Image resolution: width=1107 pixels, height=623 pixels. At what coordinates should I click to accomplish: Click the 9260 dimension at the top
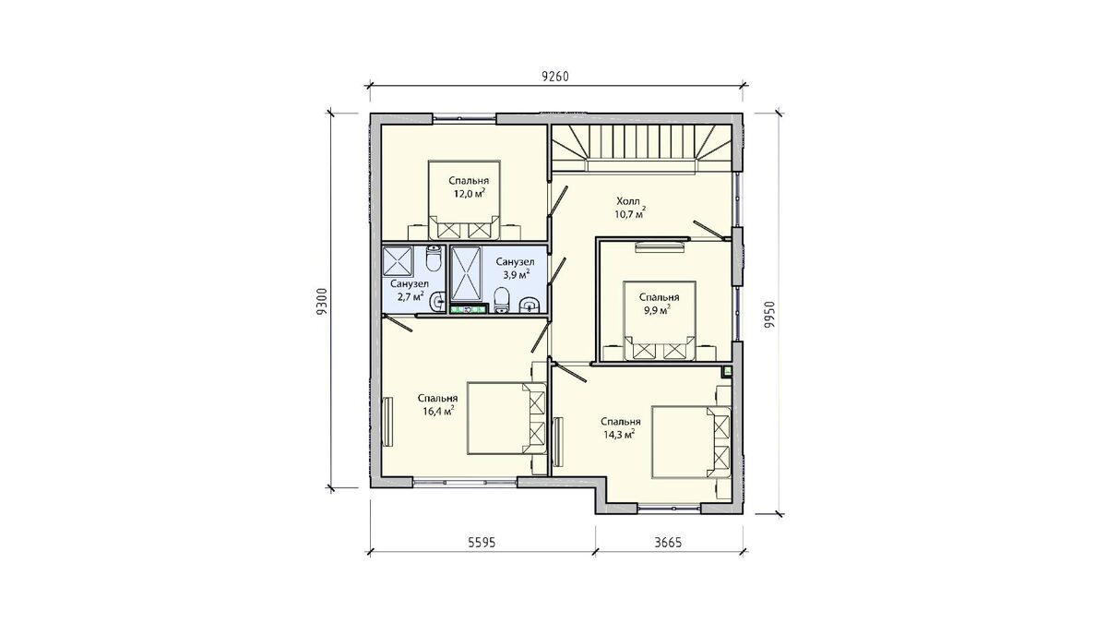pyautogui.click(x=555, y=77)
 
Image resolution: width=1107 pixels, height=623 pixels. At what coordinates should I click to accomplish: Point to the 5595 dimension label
pyautogui.click(x=482, y=543)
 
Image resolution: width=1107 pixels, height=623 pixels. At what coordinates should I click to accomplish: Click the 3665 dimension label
pyautogui.click(x=668, y=543)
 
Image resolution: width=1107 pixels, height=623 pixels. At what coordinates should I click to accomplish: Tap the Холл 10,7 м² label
pyautogui.click(x=630, y=208)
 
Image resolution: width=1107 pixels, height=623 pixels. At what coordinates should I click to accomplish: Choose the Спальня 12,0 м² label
pyautogui.click(x=469, y=186)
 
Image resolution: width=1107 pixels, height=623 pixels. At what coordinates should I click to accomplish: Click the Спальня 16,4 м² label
pyautogui.click(x=438, y=404)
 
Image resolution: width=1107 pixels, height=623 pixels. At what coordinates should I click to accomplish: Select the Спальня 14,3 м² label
pyautogui.click(x=620, y=427)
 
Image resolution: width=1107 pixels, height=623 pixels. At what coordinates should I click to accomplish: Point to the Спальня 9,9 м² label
pyautogui.click(x=660, y=303)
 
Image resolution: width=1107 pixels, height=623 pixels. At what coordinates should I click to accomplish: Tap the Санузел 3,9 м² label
pyautogui.click(x=515, y=268)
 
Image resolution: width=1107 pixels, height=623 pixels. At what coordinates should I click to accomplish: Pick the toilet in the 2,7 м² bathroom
pyautogui.click(x=434, y=259)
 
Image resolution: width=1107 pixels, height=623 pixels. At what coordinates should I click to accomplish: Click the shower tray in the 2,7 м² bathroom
pyautogui.click(x=398, y=260)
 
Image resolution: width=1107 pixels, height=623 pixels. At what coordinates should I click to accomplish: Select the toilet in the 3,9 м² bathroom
pyautogui.click(x=502, y=300)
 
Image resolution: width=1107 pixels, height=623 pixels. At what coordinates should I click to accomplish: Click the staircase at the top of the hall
pyautogui.click(x=642, y=148)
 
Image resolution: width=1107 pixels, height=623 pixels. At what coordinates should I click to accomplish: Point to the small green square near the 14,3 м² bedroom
pyautogui.click(x=727, y=371)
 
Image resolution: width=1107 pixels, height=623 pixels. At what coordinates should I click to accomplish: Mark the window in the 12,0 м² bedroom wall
pyautogui.click(x=464, y=118)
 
